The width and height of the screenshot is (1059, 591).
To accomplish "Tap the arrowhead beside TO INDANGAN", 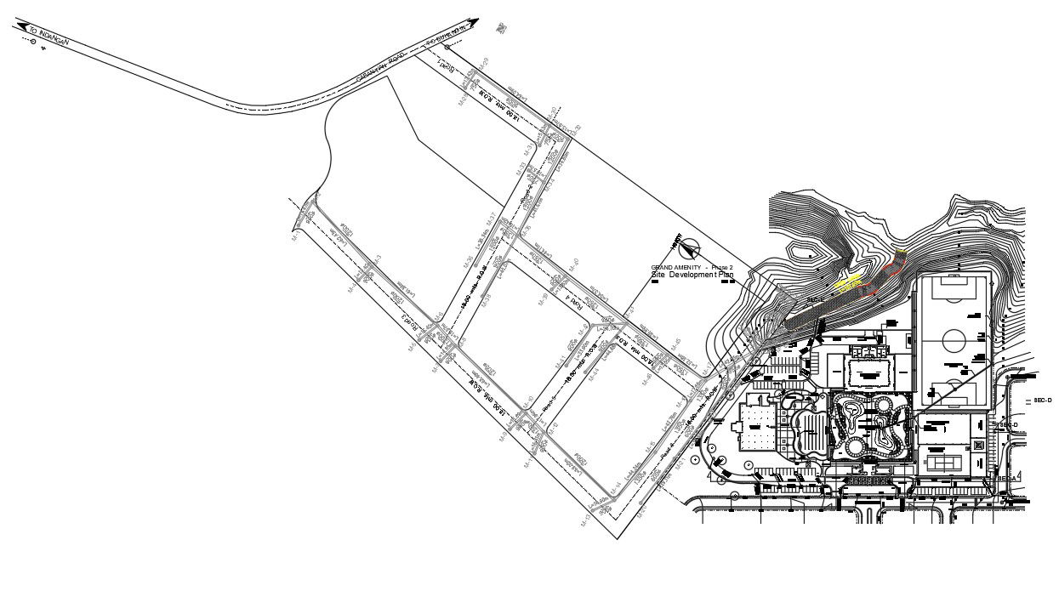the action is [20, 26].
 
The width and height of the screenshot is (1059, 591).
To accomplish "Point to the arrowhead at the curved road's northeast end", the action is [474, 24].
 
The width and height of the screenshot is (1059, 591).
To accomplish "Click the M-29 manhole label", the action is [486, 62].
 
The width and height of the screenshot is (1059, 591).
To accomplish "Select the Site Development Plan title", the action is [692, 276].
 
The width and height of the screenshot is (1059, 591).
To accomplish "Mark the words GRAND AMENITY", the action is [676, 268].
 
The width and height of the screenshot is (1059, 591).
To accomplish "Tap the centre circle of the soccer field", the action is [952, 339].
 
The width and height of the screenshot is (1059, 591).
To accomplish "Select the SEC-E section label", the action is [816, 300].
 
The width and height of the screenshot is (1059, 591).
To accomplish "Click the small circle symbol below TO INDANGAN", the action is [33, 43].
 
